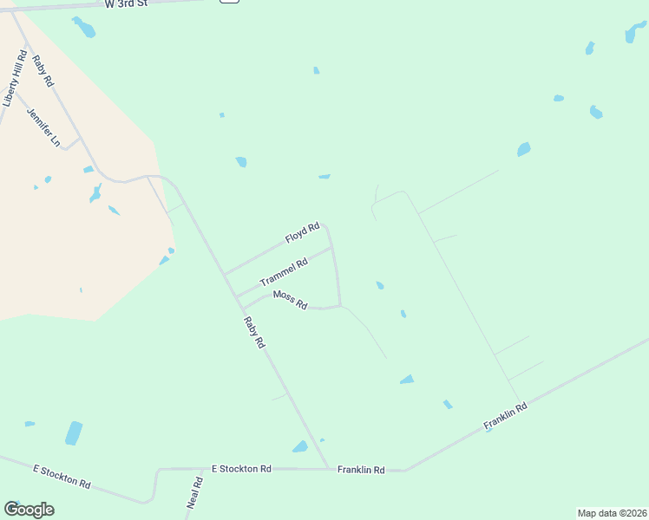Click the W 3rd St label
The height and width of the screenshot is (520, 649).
[x=128, y=4]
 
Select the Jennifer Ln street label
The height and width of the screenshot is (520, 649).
[x=44, y=127]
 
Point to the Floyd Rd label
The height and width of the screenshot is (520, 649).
[x=302, y=233]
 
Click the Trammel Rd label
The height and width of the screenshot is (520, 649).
[x=284, y=274]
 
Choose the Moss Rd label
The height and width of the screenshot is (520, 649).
[x=291, y=300]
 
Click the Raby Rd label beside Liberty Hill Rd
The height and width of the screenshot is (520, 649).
[x=43, y=70]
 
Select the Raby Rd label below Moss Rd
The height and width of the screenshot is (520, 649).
[x=253, y=332]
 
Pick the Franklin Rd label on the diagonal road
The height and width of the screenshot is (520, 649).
[x=506, y=418]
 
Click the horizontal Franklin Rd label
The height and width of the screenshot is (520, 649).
[x=362, y=470]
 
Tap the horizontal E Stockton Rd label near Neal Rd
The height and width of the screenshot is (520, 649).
[x=241, y=469]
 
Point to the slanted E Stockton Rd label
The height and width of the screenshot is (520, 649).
[x=62, y=476]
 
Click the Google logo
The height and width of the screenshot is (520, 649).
[x=29, y=510]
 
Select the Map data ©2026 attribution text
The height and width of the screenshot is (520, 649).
[x=611, y=512]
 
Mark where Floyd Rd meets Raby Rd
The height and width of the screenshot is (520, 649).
[x=224, y=274]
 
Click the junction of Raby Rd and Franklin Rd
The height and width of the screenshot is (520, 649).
[x=329, y=469]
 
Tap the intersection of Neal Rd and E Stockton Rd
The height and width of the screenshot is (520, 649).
[x=201, y=469]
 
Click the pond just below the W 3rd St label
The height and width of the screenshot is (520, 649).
[x=84, y=29]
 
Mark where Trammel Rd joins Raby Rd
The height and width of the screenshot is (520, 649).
[x=235, y=295]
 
